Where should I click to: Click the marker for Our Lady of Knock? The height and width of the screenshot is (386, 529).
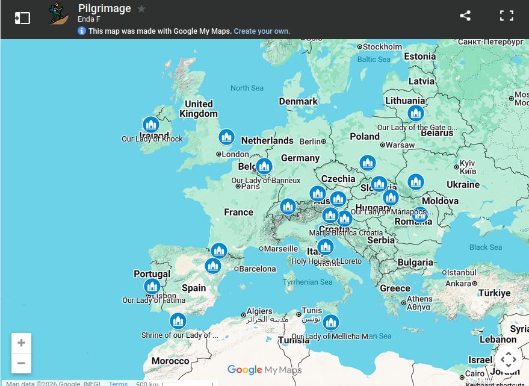pyautogui.click(x=150, y=125)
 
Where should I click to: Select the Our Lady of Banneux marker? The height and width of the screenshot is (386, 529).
pyautogui.click(x=264, y=166)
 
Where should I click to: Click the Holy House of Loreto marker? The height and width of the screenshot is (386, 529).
pyautogui.click(x=325, y=247)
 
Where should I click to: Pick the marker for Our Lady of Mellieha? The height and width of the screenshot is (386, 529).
pyautogui.click(x=330, y=322)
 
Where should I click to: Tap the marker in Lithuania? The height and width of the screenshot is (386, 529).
pyautogui.click(x=415, y=113)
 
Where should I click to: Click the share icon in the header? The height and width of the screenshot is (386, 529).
pyautogui.click(x=465, y=16)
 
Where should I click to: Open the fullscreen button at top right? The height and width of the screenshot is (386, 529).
pyautogui.click(x=507, y=16)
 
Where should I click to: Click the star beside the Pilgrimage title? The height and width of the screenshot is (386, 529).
pyautogui.click(x=141, y=9)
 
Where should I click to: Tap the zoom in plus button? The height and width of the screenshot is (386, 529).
pyautogui.click(x=21, y=343)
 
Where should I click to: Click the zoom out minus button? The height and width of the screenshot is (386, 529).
pyautogui.click(x=21, y=363)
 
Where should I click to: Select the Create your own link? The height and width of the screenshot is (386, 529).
pyautogui.click(x=262, y=31)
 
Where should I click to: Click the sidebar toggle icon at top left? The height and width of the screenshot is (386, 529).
pyautogui.click(x=22, y=17)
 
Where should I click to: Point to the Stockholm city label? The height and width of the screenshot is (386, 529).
pyautogui.click(x=382, y=46)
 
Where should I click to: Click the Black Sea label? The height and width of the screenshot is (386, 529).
pyautogui.click(x=486, y=247)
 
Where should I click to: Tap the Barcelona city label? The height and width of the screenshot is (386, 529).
pyautogui.click(x=258, y=269)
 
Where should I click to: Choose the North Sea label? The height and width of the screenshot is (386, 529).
pyautogui.click(x=247, y=88)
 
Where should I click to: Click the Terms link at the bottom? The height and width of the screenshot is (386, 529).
pyautogui.click(x=118, y=383)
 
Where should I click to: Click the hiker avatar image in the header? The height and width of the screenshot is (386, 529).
pyautogui.click(x=58, y=13)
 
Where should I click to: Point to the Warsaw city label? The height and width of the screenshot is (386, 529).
pyautogui.click(x=400, y=145)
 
